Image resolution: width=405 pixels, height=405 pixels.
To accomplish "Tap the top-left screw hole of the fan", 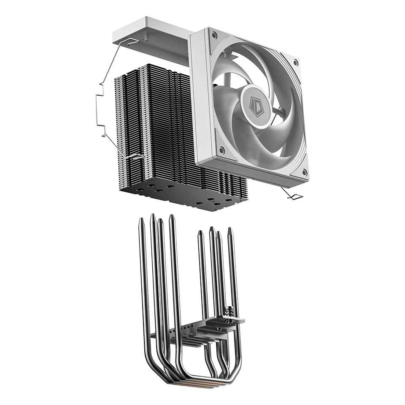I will point(215,36).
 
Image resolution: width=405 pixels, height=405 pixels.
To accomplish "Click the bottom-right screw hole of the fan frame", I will point(304,172).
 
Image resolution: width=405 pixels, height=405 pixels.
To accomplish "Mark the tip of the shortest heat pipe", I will point(200,233).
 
